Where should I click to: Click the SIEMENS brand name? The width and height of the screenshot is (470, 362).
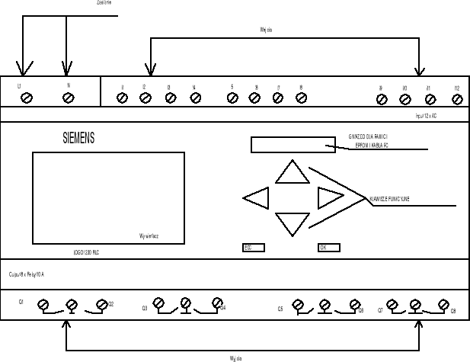pyautogui.click(x=78, y=139)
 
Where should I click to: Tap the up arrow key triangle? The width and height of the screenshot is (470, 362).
pyautogui.click(x=292, y=173)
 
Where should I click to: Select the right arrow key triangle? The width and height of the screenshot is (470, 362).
pyautogui.click(x=330, y=197)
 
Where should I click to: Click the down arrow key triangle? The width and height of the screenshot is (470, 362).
pyautogui.click(x=292, y=223)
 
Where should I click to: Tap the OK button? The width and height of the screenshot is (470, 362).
pyautogui.click(x=328, y=248)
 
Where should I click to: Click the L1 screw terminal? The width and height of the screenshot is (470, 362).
pyautogui.click(x=27, y=98)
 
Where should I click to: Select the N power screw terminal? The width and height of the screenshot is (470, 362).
pyautogui.click(x=68, y=98)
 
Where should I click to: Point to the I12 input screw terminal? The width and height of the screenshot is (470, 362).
pyautogui.click(x=457, y=99)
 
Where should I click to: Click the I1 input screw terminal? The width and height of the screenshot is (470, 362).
pyautogui.click(x=122, y=98)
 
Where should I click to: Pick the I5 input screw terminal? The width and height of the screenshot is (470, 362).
pyautogui.click(x=233, y=98)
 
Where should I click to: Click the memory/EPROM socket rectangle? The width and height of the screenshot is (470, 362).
pyautogui.click(x=293, y=144)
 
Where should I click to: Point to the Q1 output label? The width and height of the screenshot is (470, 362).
pyautogui.click(x=21, y=303)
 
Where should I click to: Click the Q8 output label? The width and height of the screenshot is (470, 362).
pyautogui.click(x=453, y=312)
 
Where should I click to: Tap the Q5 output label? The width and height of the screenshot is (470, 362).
pyautogui.click(x=280, y=309)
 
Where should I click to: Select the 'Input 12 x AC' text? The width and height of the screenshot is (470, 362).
pyautogui.click(x=425, y=116)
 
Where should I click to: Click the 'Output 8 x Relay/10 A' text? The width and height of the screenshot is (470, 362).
pyautogui.click(x=27, y=272)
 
